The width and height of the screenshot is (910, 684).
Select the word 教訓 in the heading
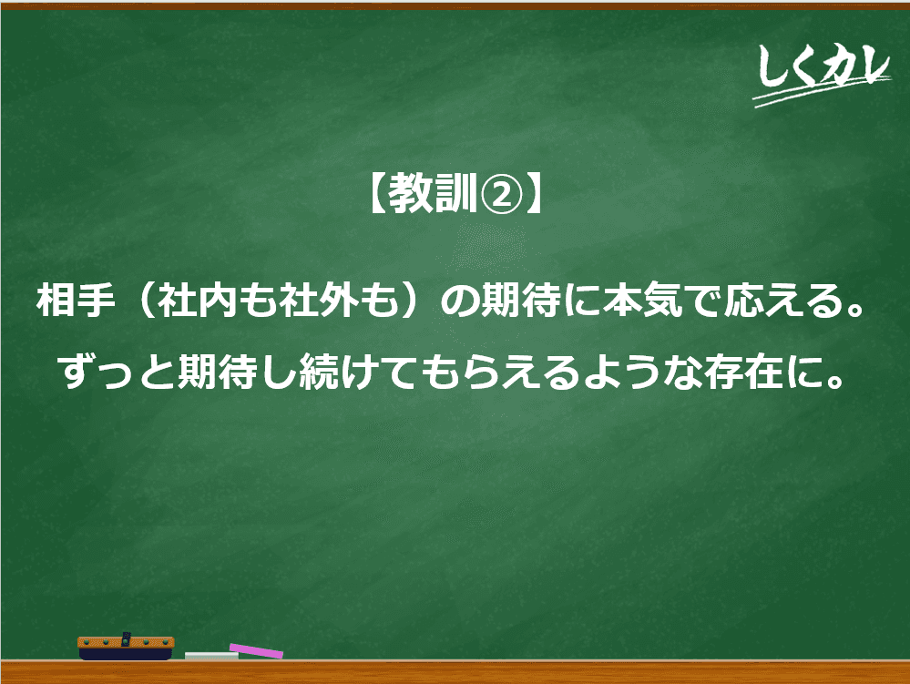pyautogui.click(x=432, y=193)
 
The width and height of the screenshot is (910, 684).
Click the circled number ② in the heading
pyautogui.click(x=500, y=194)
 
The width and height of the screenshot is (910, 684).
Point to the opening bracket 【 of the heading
pyautogui.click(x=376, y=193)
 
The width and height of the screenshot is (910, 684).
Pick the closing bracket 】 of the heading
pyautogui.click(x=533, y=193)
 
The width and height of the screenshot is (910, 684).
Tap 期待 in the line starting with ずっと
pyautogui.click(x=218, y=372)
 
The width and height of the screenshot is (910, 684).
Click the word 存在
pyautogui.click(x=744, y=372)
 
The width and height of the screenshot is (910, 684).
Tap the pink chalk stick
pyautogui.click(x=256, y=650)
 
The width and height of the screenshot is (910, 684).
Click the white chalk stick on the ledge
pyautogui.click(x=211, y=656)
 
